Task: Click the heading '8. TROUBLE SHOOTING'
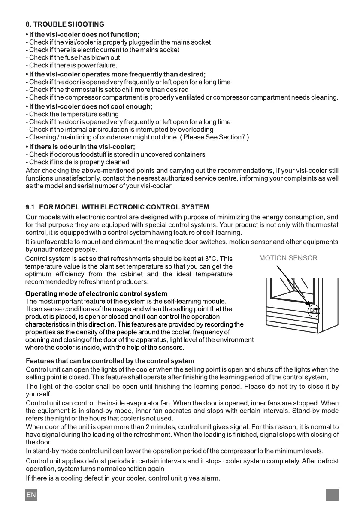(64, 24)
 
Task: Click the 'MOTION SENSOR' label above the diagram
(288, 258)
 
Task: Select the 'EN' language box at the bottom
(31, 495)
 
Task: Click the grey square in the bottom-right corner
(332, 495)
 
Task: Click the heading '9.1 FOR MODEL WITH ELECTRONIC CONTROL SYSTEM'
(117, 207)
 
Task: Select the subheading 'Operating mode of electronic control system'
(96, 294)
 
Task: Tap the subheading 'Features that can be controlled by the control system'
(110, 360)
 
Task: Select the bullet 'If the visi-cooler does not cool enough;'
(89, 106)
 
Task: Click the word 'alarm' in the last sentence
(211, 478)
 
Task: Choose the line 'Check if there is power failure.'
(72, 66)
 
